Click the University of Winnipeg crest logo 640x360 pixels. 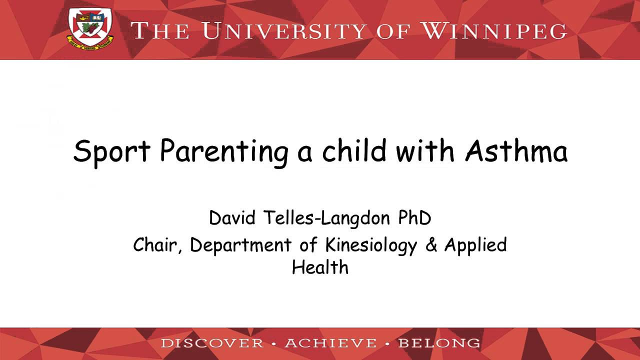pyautogui.click(x=90, y=28)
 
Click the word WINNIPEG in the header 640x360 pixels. pyautogui.click(x=494, y=30)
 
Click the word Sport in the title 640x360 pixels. pyautogui.click(x=111, y=151)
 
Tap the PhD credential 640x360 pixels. pyautogui.click(x=414, y=218)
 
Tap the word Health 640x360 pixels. pyautogui.click(x=320, y=267)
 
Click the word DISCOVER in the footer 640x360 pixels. pyautogui.click(x=212, y=343)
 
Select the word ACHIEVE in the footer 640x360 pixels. pyautogui.click(x=330, y=343)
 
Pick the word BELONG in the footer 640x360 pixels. pyautogui.click(x=439, y=343)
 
